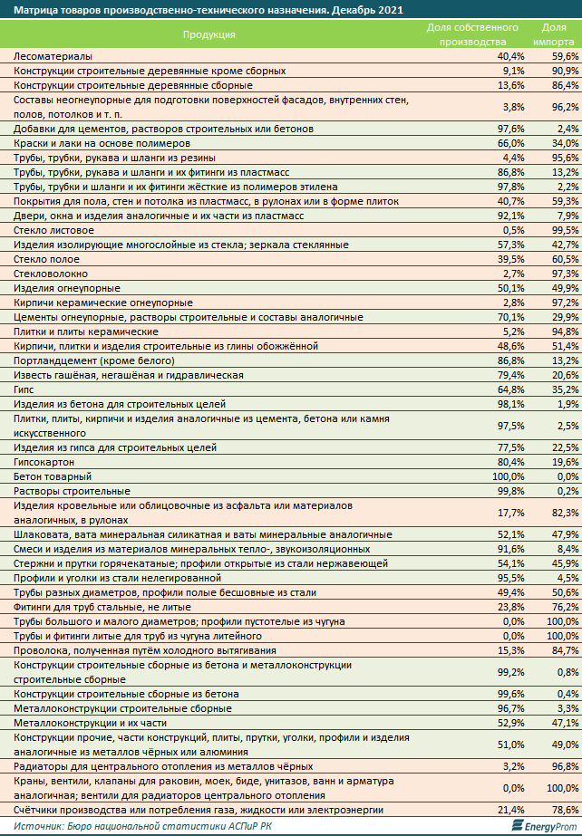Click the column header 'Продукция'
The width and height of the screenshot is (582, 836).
click(209, 34)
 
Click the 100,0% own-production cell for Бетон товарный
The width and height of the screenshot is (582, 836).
click(509, 476)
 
